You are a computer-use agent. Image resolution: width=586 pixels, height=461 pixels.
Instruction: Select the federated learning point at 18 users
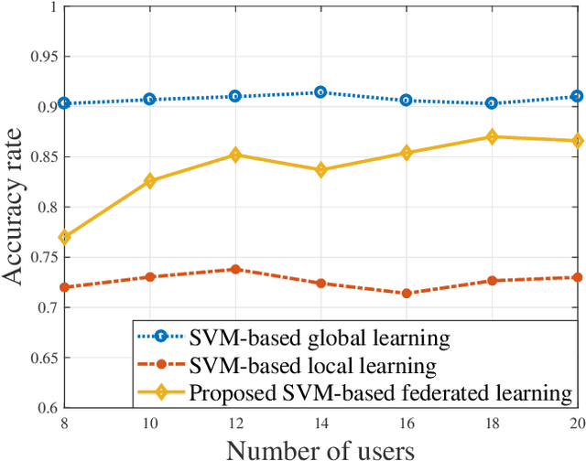click(x=492, y=137)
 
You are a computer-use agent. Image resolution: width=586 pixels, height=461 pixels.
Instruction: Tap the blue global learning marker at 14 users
click(x=320, y=92)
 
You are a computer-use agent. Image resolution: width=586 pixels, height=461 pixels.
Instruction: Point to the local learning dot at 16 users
click(x=406, y=294)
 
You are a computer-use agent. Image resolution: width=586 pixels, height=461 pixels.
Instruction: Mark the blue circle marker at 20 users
click(x=578, y=96)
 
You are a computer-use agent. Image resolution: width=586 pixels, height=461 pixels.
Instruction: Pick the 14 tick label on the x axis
click(x=320, y=423)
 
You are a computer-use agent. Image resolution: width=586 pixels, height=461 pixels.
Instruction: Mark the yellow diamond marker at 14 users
click(x=320, y=170)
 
